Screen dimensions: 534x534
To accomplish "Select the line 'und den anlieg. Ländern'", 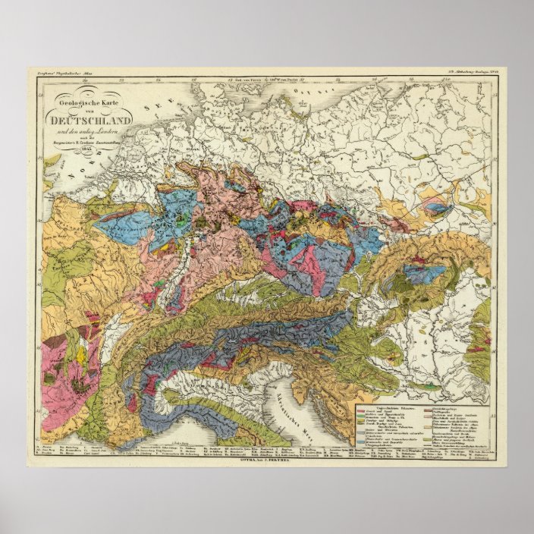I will coord(101,130).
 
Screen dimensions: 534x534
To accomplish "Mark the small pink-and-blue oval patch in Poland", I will coord(435,205).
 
